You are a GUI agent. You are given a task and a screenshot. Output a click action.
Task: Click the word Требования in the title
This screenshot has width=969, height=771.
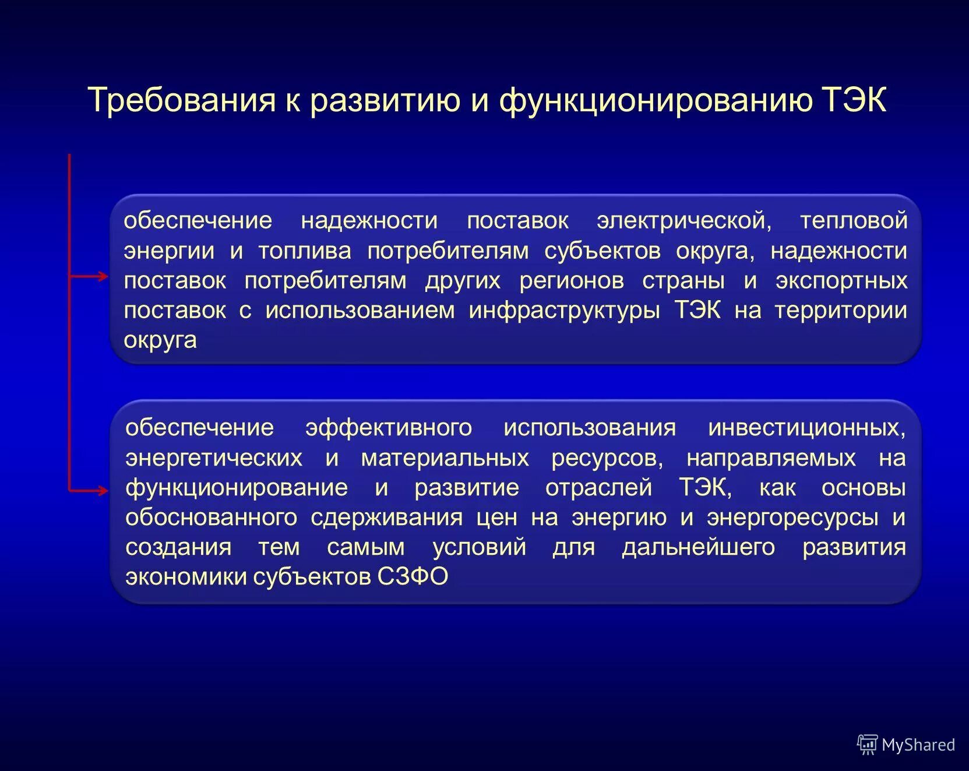181,100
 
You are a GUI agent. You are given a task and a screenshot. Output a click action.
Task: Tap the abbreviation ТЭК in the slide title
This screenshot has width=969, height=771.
854,100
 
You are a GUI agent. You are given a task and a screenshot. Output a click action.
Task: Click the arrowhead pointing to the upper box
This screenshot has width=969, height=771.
104,276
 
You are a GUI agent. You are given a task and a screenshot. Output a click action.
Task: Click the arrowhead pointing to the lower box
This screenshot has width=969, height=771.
103,491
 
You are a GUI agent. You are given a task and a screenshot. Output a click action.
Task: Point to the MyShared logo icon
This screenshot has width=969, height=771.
867,744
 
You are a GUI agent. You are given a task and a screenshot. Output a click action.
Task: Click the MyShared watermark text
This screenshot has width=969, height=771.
918,745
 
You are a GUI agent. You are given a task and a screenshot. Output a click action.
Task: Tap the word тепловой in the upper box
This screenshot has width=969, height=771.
854,221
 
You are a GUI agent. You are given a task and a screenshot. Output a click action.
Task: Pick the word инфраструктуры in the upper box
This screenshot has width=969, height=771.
564,311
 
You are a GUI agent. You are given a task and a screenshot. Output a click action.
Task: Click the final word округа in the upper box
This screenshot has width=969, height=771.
160,340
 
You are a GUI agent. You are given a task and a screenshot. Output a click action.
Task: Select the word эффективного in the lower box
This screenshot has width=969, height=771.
389,428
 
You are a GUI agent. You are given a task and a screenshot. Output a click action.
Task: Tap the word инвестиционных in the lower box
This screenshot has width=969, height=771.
806,428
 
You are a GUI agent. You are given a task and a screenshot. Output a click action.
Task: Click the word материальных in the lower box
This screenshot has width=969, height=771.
445,458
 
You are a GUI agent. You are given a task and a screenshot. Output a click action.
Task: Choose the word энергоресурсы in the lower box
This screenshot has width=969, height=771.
792,517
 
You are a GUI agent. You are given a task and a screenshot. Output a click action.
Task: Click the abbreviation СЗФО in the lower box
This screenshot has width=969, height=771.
413,577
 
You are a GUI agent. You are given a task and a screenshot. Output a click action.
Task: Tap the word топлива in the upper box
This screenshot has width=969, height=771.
305,251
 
